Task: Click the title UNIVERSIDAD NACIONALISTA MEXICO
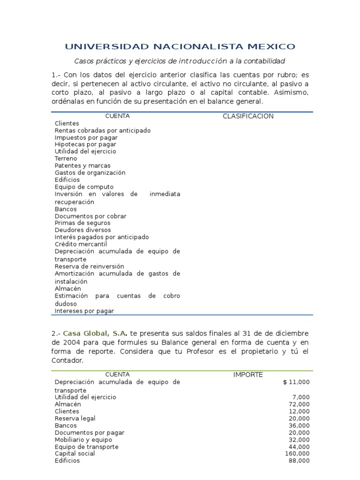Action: (x=180, y=46)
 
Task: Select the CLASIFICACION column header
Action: (x=248, y=116)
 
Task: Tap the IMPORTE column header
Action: (x=248, y=375)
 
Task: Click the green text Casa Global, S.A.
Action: (x=95, y=333)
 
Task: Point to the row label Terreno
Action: (x=66, y=158)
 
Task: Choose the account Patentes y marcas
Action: (x=82, y=165)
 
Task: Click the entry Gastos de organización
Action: (x=90, y=172)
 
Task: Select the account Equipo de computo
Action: (x=84, y=187)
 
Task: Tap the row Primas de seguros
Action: (x=82, y=223)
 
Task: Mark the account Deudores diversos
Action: (x=83, y=230)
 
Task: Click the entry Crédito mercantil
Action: (x=81, y=244)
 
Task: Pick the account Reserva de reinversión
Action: (x=86, y=266)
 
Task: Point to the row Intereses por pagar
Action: (x=84, y=311)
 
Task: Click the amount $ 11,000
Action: (x=296, y=382)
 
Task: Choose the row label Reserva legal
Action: (x=75, y=418)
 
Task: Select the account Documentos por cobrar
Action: (x=90, y=216)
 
